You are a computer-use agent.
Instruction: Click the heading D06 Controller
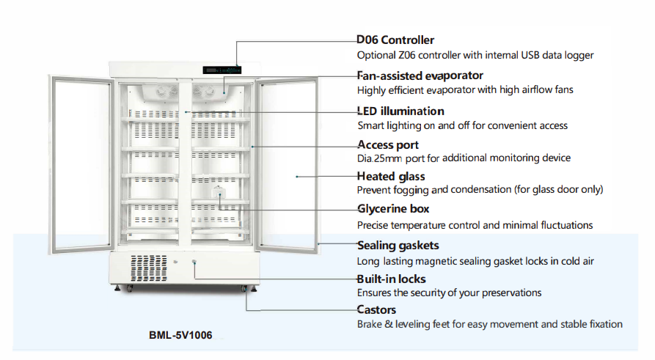(395, 40)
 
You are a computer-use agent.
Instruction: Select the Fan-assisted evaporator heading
(420, 76)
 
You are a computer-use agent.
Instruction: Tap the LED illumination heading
(400, 111)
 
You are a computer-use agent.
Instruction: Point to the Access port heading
(387, 144)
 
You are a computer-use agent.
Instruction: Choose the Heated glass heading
(391, 177)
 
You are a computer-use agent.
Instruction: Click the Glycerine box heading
(393, 209)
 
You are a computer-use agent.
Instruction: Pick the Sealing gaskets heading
(398, 246)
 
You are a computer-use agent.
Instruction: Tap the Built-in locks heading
(391, 279)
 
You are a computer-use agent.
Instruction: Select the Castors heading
(376, 310)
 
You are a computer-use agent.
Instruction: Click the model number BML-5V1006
(180, 337)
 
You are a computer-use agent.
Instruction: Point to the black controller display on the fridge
(222, 70)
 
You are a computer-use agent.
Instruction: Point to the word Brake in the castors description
(371, 324)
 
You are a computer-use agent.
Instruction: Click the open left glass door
(80, 158)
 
